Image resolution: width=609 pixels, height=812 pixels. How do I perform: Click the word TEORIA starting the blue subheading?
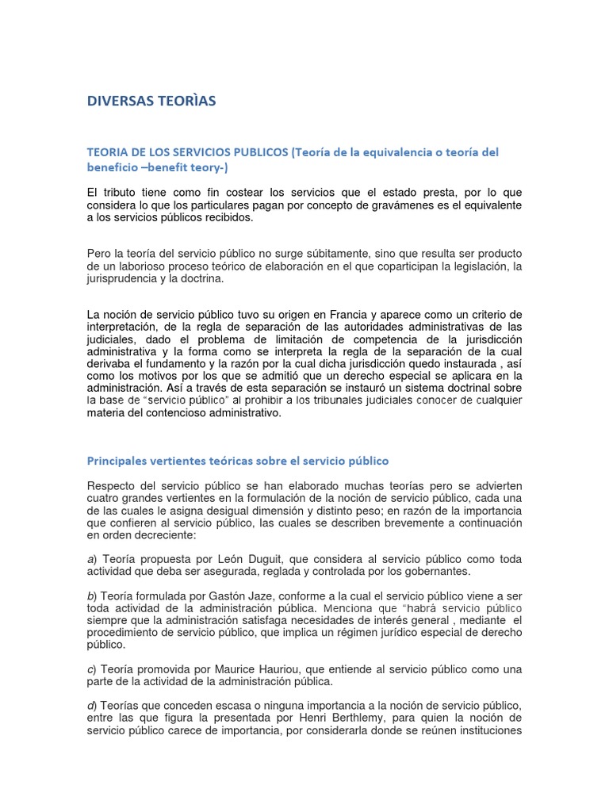point(108,152)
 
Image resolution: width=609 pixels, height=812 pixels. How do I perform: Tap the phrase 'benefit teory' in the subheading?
point(197,168)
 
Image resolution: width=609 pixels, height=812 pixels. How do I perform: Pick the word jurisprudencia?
point(121,278)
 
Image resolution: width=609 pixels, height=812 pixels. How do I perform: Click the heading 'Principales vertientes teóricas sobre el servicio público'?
point(238,461)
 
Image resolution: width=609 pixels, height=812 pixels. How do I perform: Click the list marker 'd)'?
point(92,706)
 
